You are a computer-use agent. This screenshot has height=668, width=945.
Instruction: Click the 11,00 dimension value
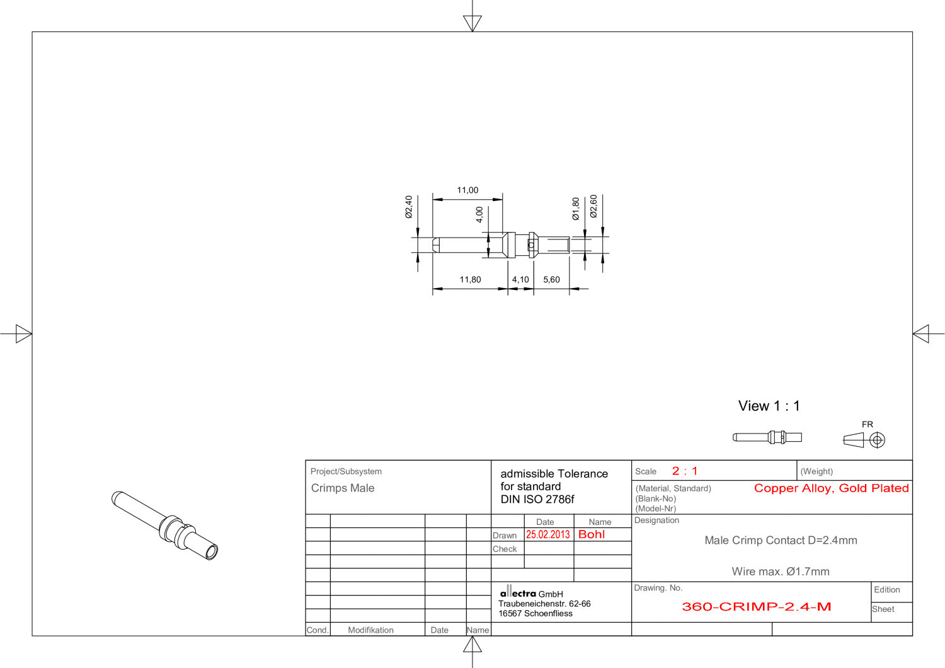pos(467,190)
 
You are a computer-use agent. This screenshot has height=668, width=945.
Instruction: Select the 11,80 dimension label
pos(470,279)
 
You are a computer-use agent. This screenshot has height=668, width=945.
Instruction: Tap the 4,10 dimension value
pos(520,279)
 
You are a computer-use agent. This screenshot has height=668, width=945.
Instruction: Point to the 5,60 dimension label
pos(551,279)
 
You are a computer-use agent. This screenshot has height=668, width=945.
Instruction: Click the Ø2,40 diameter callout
pos(408,207)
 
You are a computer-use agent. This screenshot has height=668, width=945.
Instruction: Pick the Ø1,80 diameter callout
pos(576,209)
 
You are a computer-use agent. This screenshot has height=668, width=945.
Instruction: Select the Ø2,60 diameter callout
pos(593,206)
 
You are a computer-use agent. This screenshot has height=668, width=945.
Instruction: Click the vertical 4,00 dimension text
pos(479,215)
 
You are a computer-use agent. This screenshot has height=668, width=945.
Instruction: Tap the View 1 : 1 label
pos(769,406)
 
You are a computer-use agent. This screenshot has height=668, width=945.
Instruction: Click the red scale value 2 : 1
pos(685,471)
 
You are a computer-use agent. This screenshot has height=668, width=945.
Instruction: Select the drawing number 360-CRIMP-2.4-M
pos(757,607)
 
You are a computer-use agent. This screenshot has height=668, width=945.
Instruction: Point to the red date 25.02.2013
pos(547,534)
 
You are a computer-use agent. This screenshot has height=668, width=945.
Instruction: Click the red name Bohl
pos(592,534)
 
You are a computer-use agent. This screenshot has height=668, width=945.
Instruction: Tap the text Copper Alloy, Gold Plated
pos(831,488)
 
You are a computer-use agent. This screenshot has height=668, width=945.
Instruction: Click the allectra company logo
pos(518,592)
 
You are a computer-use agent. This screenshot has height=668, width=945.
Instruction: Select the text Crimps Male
pos(343,488)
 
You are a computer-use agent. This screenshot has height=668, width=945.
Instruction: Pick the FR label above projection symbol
pos(868,424)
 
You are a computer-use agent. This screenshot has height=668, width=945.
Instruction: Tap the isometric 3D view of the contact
pos(164,525)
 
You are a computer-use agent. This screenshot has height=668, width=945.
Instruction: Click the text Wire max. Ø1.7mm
pos(781,572)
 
